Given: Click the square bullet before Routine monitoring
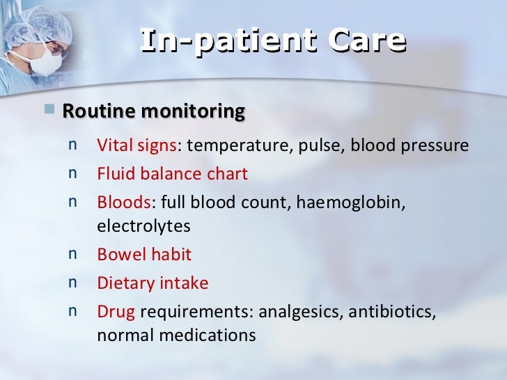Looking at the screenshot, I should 49,110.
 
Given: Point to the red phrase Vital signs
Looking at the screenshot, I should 137,146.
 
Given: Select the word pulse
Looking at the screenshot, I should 298,146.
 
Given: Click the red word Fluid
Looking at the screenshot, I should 113,174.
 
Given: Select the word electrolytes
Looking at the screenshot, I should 143,227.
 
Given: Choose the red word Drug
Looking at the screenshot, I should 116,312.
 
